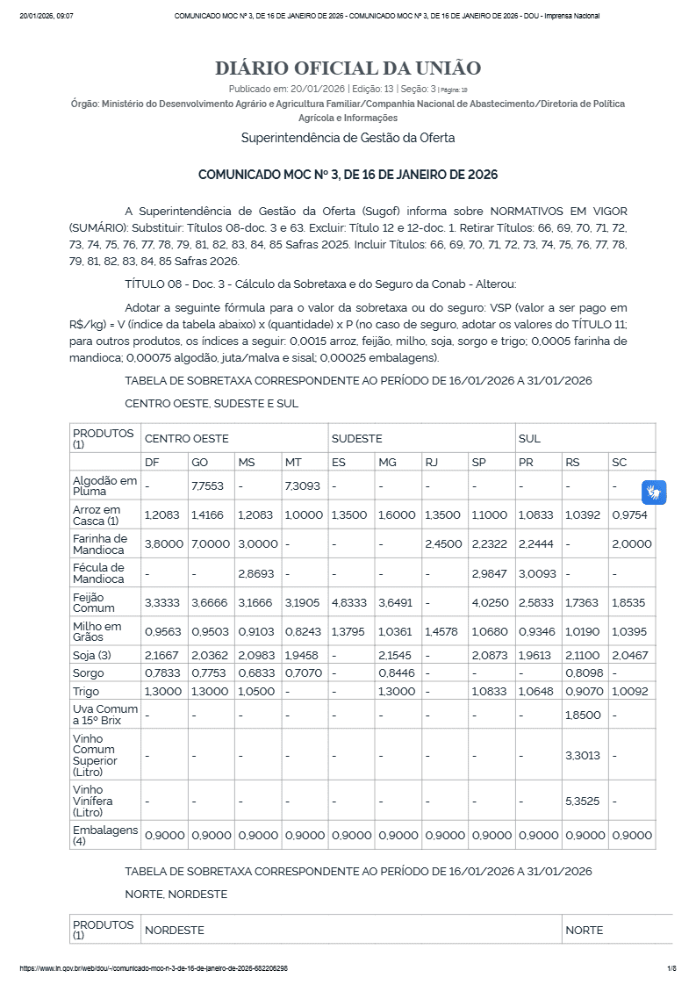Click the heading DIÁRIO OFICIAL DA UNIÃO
[348, 68]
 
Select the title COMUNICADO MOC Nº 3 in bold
[348, 175]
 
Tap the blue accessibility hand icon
[654, 492]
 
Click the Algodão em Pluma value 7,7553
[207, 485]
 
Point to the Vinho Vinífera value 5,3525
[584, 801]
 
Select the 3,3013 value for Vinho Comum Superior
[584, 755]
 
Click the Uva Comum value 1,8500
[584, 715]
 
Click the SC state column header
[620, 462]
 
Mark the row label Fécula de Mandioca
[98, 573]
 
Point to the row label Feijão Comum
[93, 602]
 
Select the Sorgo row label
[89, 673]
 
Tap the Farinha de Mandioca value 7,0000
[207, 543]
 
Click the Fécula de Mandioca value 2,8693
[255, 573]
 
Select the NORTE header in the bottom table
[584, 930]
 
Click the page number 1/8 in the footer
[671, 968]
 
